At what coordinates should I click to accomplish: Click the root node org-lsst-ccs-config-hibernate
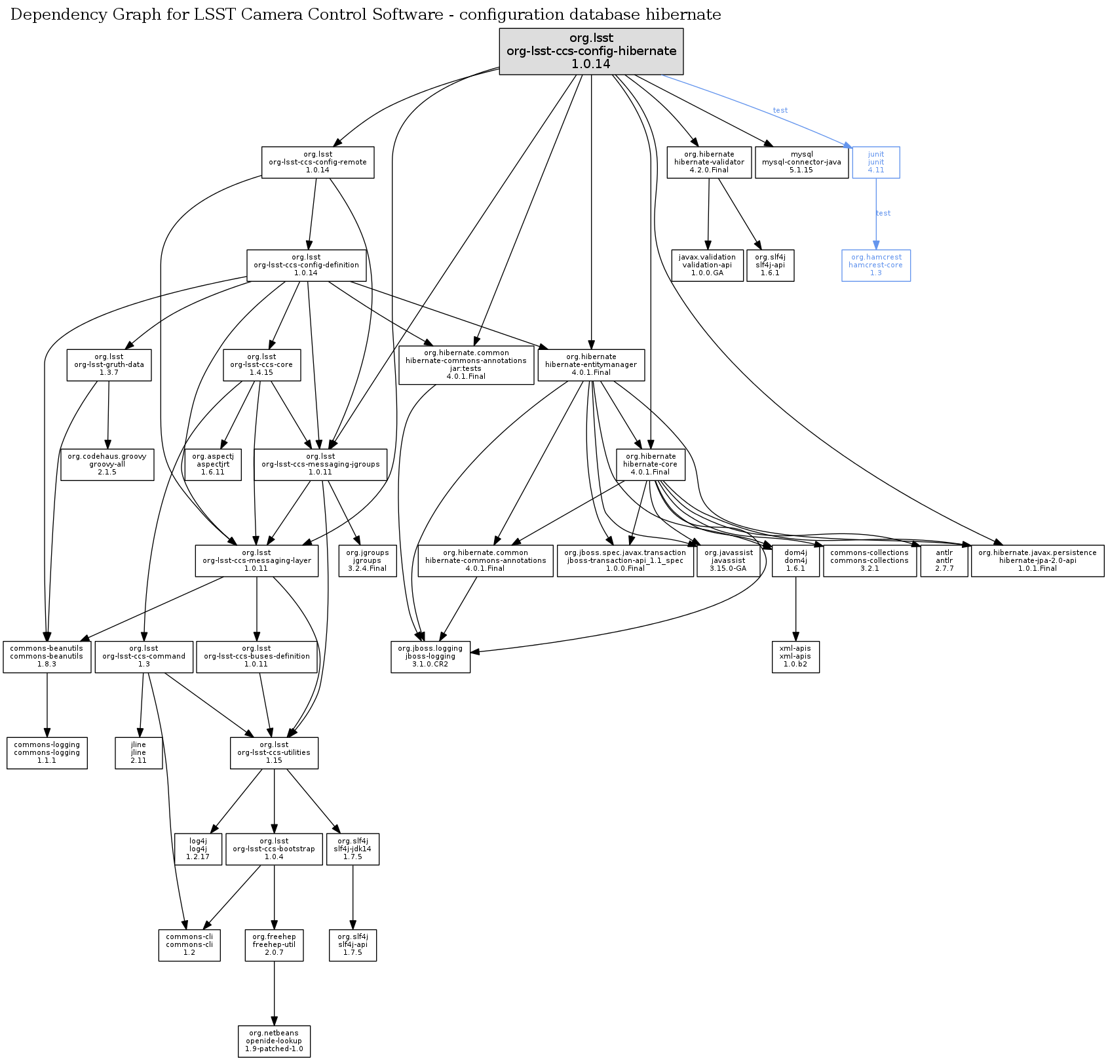click(x=591, y=51)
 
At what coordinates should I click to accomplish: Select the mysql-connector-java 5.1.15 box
click(x=801, y=162)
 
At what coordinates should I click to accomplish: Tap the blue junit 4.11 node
click(x=876, y=162)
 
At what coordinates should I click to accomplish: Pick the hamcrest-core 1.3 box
click(x=876, y=265)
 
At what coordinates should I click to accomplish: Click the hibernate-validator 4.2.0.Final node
click(x=709, y=162)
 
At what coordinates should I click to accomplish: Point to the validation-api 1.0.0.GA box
click(x=708, y=265)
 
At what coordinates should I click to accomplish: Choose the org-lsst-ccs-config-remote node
click(x=318, y=162)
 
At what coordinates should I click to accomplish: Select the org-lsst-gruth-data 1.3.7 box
click(x=109, y=365)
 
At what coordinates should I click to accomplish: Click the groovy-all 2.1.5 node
click(x=107, y=464)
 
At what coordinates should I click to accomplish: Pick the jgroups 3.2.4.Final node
click(x=367, y=561)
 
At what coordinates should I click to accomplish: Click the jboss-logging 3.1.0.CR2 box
click(x=430, y=657)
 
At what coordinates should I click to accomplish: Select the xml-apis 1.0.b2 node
click(x=795, y=657)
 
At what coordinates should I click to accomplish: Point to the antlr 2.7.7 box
click(x=944, y=561)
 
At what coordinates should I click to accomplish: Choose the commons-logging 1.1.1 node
click(x=47, y=753)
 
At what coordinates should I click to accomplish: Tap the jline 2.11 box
click(x=138, y=753)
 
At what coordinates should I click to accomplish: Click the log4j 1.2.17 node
click(x=199, y=849)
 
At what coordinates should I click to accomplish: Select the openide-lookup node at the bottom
click(x=274, y=1041)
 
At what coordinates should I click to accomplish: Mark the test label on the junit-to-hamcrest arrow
click(x=883, y=213)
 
